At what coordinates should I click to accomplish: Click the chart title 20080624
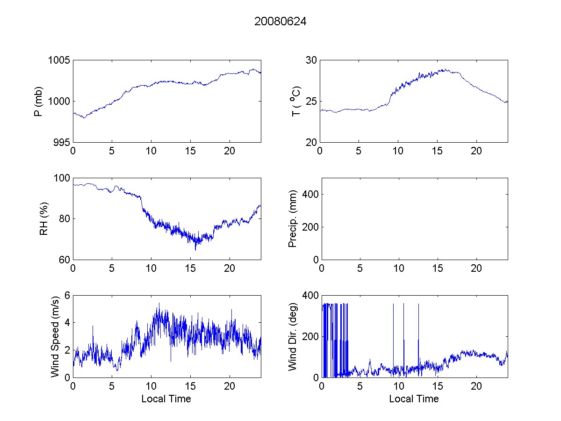point(280,22)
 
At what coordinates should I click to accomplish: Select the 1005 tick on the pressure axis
point(60,60)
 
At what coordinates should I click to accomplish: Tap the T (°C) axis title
point(295,102)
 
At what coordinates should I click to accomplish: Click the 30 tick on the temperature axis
point(311,60)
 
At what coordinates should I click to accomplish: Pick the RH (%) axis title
point(44,218)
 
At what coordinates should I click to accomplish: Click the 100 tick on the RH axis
point(62,178)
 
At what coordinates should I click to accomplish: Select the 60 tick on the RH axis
point(65,260)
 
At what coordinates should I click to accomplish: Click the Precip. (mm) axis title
point(293,218)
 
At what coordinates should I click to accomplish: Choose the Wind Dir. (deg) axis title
point(293,336)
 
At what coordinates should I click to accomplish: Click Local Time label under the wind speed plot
point(166,399)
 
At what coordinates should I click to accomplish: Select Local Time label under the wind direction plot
point(414,399)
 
